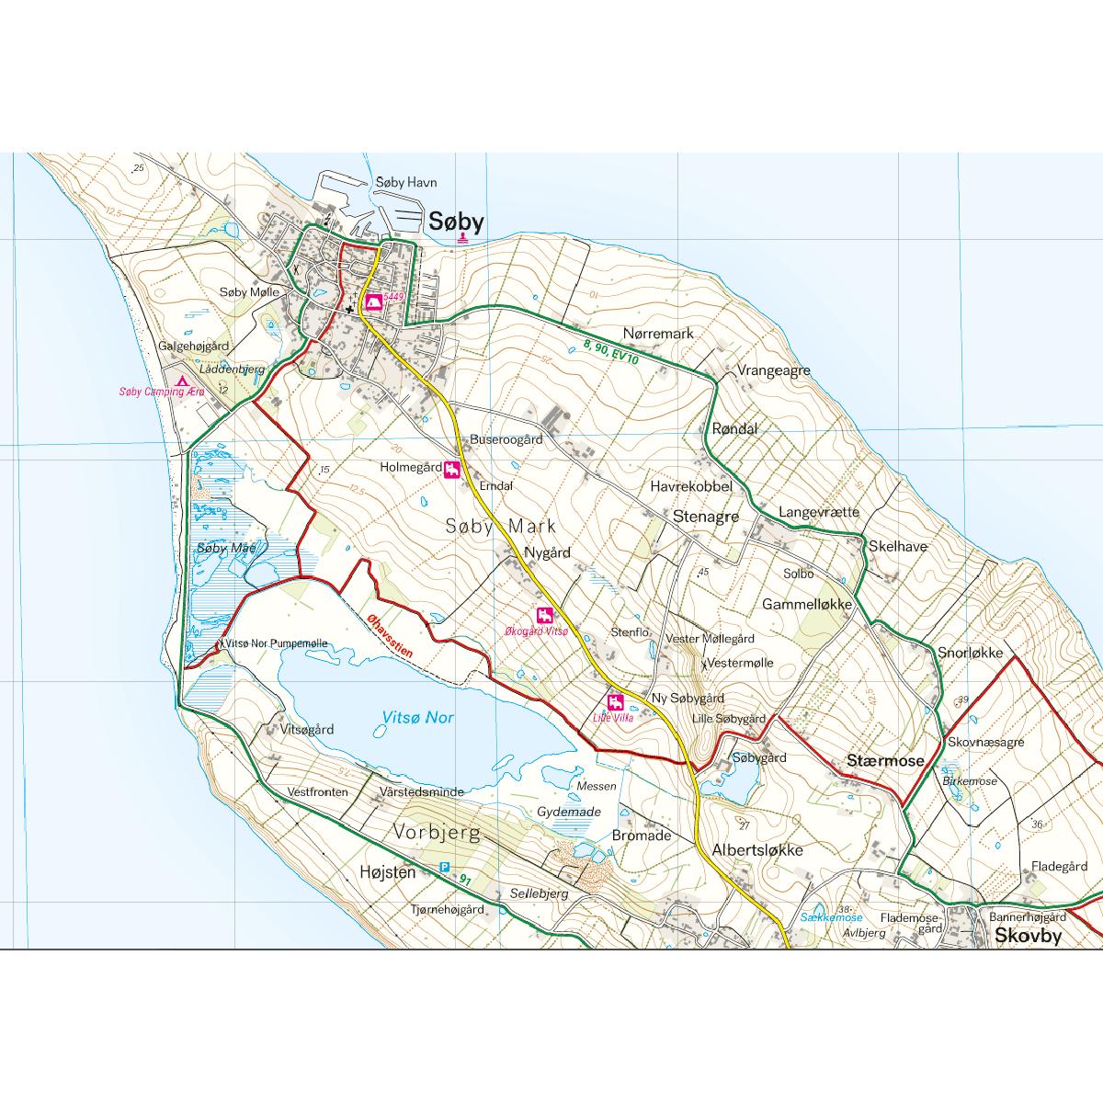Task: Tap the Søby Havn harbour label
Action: pyautogui.click(x=407, y=183)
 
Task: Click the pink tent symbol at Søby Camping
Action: pyautogui.click(x=182, y=380)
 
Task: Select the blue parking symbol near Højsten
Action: pyautogui.click(x=445, y=867)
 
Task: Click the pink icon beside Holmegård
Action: pyautogui.click(x=452, y=471)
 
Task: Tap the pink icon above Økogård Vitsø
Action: pyautogui.click(x=545, y=615)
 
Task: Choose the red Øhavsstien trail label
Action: pyautogui.click(x=386, y=634)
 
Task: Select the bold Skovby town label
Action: pyautogui.click(x=1028, y=937)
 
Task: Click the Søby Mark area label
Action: pyautogui.click(x=501, y=527)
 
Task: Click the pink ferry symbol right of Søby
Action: pyautogui.click(x=462, y=238)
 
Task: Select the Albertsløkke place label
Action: pyautogui.click(x=757, y=849)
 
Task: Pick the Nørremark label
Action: pyautogui.click(x=658, y=334)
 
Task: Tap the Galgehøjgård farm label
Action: pyautogui.click(x=193, y=346)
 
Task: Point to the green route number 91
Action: pyautogui.click(x=465, y=881)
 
